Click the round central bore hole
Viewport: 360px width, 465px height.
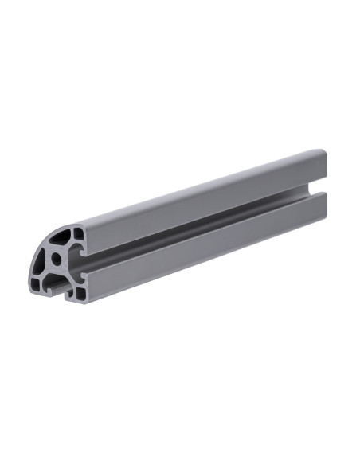(56, 259)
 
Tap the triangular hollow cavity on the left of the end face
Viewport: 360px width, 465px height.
(39, 262)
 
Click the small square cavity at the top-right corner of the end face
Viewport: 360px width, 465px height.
(78, 233)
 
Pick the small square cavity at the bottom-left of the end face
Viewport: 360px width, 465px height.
(36, 284)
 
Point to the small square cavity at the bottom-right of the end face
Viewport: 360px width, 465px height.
(80, 294)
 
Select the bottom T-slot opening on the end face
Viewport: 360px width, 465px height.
(59, 287)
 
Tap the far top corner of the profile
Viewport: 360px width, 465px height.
(324, 151)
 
